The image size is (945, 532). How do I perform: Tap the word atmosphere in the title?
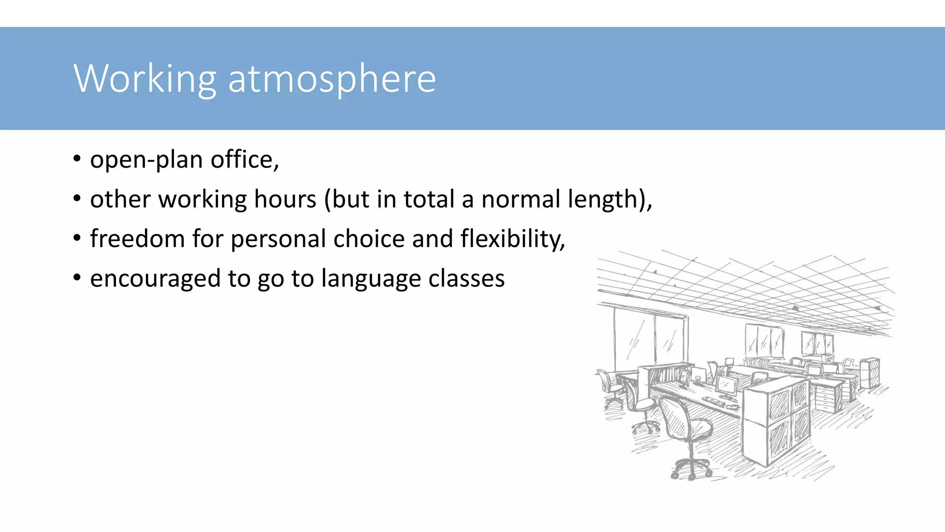[x=332, y=79]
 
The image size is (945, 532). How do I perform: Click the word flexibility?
[x=512, y=240]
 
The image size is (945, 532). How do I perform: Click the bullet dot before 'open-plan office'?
[x=77, y=159]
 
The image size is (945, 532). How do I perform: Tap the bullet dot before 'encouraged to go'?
[x=77, y=278]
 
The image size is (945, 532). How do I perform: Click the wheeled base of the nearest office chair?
[x=691, y=469]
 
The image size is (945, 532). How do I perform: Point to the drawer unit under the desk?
[x=828, y=399]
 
